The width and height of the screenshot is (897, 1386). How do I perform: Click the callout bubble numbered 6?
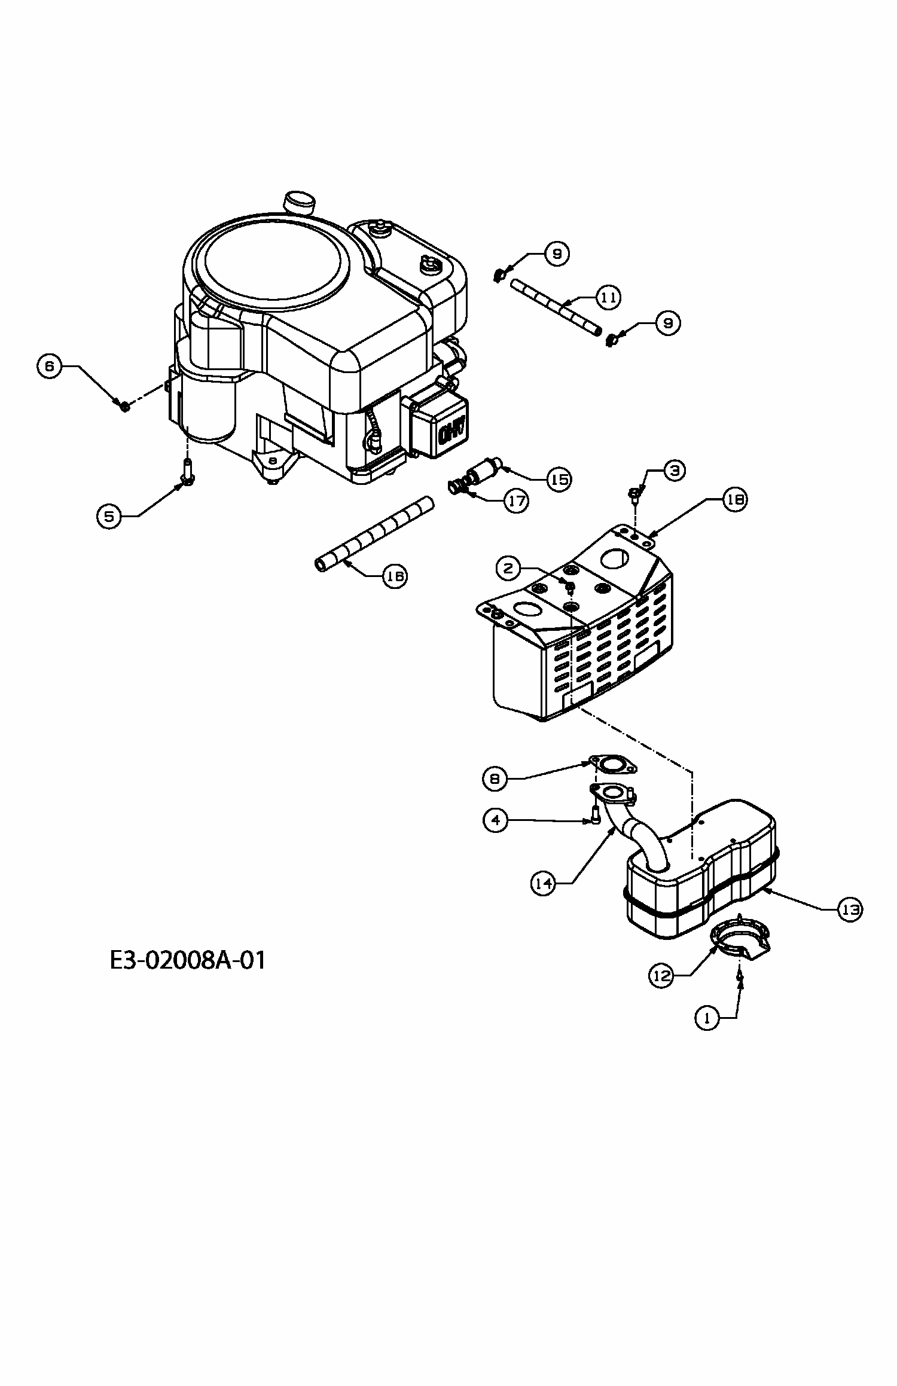click(x=50, y=366)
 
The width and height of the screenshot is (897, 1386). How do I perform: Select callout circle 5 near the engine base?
click(x=109, y=515)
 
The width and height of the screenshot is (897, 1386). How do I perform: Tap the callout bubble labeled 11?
click(x=608, y=297)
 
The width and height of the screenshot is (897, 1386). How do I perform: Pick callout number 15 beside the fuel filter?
click(x=559, y=479)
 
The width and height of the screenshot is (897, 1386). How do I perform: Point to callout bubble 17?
click(x=517, y=500)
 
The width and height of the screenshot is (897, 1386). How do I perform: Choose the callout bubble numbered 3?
click(x=674, y=471)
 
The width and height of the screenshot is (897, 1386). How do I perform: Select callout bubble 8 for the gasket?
click(x=495, y=778)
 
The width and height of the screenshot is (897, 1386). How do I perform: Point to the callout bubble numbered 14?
click(x=544, y=884)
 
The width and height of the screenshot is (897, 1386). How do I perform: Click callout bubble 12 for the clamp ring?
click(x=661, y=975)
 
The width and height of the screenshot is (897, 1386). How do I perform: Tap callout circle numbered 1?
click(x=708, y=1017)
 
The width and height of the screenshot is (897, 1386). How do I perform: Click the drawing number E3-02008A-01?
click(x=188, y=961)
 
